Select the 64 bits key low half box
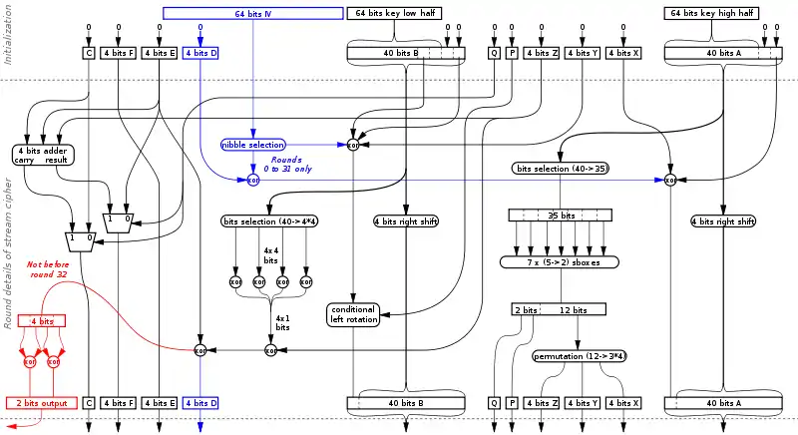pos(394,13)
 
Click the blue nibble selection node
pos(253,145)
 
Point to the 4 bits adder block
pos(41,154)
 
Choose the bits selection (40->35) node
pos(562,169)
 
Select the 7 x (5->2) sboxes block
pos(559,261)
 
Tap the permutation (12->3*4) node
pos(581,355)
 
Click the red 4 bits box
pos(42,321)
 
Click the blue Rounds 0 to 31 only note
pos(291,164)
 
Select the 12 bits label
pos(572,310)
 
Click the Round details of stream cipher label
pos(8,253)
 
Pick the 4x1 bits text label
pos(282,321)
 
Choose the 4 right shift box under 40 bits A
pos(721,220)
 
